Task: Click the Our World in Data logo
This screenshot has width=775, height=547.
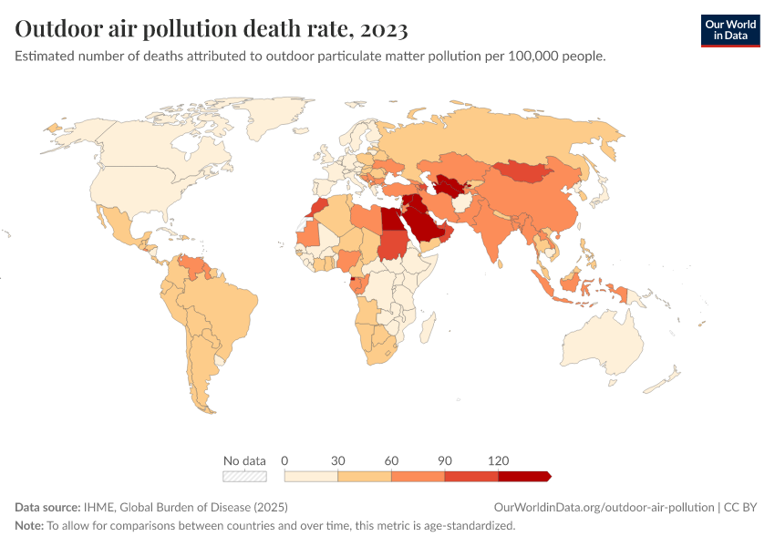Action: pyautogui.click(x=729, y=29)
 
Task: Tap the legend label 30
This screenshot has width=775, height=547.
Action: pyautogui.click(x=337, y=460)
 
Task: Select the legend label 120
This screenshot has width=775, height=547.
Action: pyautogui.click(x=499, y=460)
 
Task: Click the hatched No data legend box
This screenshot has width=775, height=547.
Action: pyautogui.click(x=244, y=476)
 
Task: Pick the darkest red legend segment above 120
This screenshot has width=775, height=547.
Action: pyautogui.click(x=523, y=476)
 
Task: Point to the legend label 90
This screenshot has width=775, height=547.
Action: pyautogui.click(x=445, y=460)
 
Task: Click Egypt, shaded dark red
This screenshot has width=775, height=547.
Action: pyautogui.click(x=390, y=220)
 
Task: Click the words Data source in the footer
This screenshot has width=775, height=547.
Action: pyautogui.click(x=46, y=507)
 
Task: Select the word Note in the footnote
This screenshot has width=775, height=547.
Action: pyautogui.click(x=28, y=525)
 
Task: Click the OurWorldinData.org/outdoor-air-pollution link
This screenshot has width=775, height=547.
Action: pyautogui.click(x=603, y=507)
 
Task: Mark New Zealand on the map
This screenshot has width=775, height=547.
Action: pyautogui.click(x=670, y=377)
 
